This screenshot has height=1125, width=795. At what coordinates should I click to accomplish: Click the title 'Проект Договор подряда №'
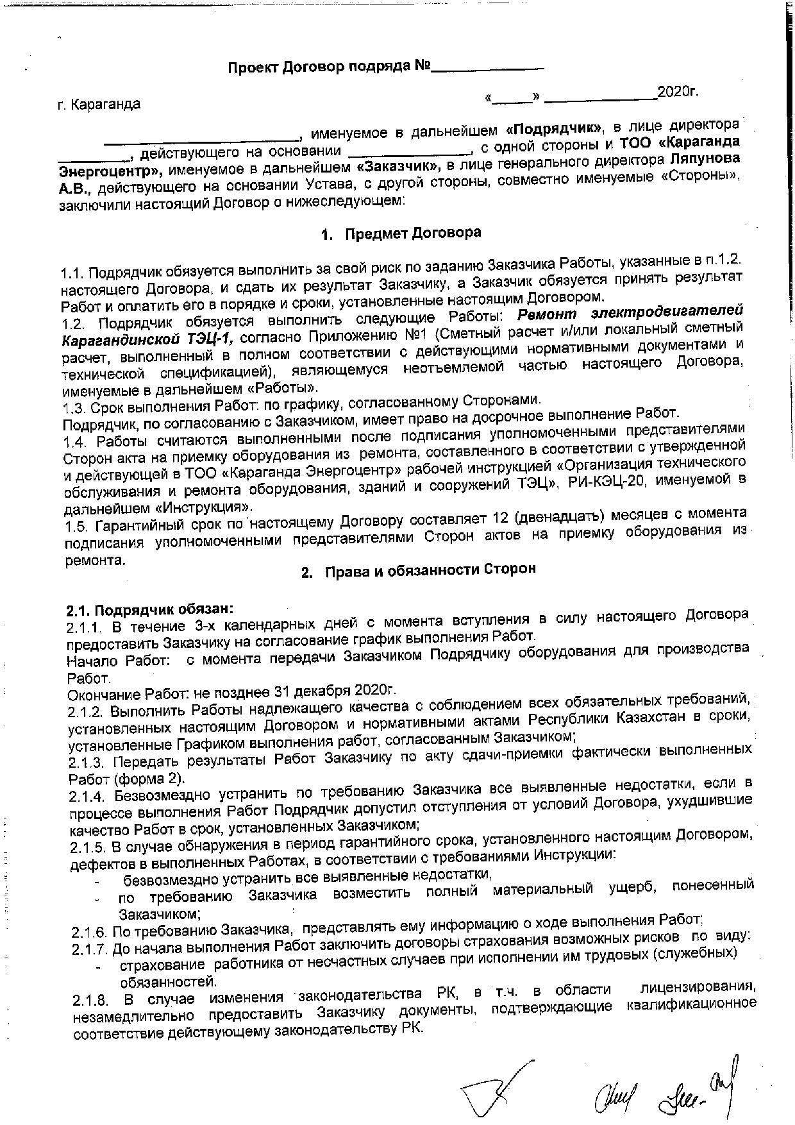[328, 67]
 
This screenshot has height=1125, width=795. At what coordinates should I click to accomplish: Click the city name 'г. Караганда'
[98, 103]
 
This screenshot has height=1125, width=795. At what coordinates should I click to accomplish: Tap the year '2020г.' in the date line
[678, 91]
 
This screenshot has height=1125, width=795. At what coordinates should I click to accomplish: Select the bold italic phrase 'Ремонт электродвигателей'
[632, 312]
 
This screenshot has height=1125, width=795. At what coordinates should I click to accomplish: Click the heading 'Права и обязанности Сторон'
[430, 570]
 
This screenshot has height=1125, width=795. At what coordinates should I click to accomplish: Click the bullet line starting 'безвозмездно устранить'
[308, 875]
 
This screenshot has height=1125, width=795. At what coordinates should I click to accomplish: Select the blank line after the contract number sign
[488, 66]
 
